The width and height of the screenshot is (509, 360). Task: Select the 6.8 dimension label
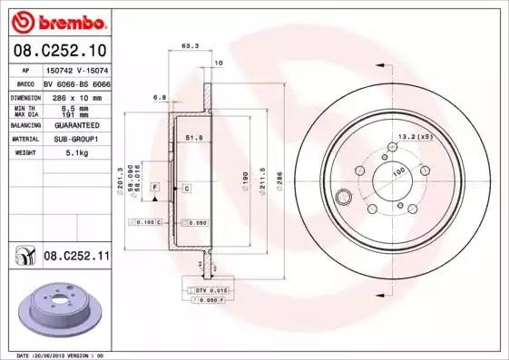[159, 96]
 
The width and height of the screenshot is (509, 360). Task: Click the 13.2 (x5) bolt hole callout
[412, 137]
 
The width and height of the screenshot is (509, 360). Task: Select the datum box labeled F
[155, 187]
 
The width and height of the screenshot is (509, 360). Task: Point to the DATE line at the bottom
[62, 355]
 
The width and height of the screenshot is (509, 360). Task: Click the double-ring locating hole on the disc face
[344, 198]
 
